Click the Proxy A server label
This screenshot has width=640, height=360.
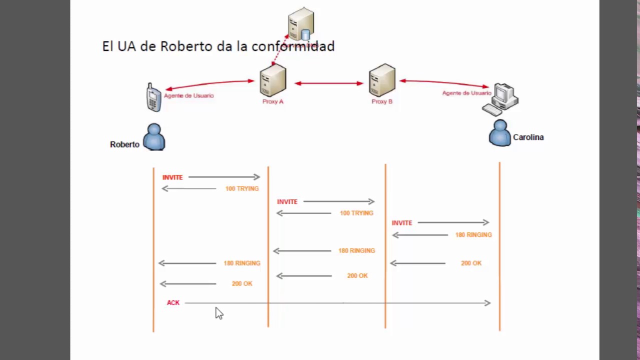click(x=272, y=101)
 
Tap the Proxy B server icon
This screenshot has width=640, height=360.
click(x=382, y=80)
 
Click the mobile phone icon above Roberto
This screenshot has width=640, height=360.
click(x=153, y=97)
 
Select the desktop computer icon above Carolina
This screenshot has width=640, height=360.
click(x=501, y=99)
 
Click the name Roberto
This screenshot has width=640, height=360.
click(x=124, y=144)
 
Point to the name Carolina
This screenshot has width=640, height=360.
click(x=528, y=137)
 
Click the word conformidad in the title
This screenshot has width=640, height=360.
click(x=293, y=46)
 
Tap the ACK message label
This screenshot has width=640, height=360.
click(x=173, y=303)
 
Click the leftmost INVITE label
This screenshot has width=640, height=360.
click(x=172, y=177)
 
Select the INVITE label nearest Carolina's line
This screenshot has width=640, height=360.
click(x=402, y=223)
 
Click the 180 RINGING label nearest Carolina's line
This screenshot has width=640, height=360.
click(x=473, y=235)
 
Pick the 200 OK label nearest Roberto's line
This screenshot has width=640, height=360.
click(x=242, y=284)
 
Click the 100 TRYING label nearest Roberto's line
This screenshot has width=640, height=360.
click(x=242, y=189)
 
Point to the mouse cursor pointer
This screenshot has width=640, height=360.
click(x=218, y=313)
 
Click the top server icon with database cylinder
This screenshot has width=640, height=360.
click(x=301, y=24)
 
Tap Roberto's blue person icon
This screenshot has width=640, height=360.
click(x=154, y=137)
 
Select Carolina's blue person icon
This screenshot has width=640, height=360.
click(x=500, y=133)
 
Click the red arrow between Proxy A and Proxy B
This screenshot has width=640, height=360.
click(x=328, y=83)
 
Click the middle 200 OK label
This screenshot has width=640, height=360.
click(x=357, y=276)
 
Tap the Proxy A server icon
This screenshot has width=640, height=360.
click(x=273, y=80)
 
